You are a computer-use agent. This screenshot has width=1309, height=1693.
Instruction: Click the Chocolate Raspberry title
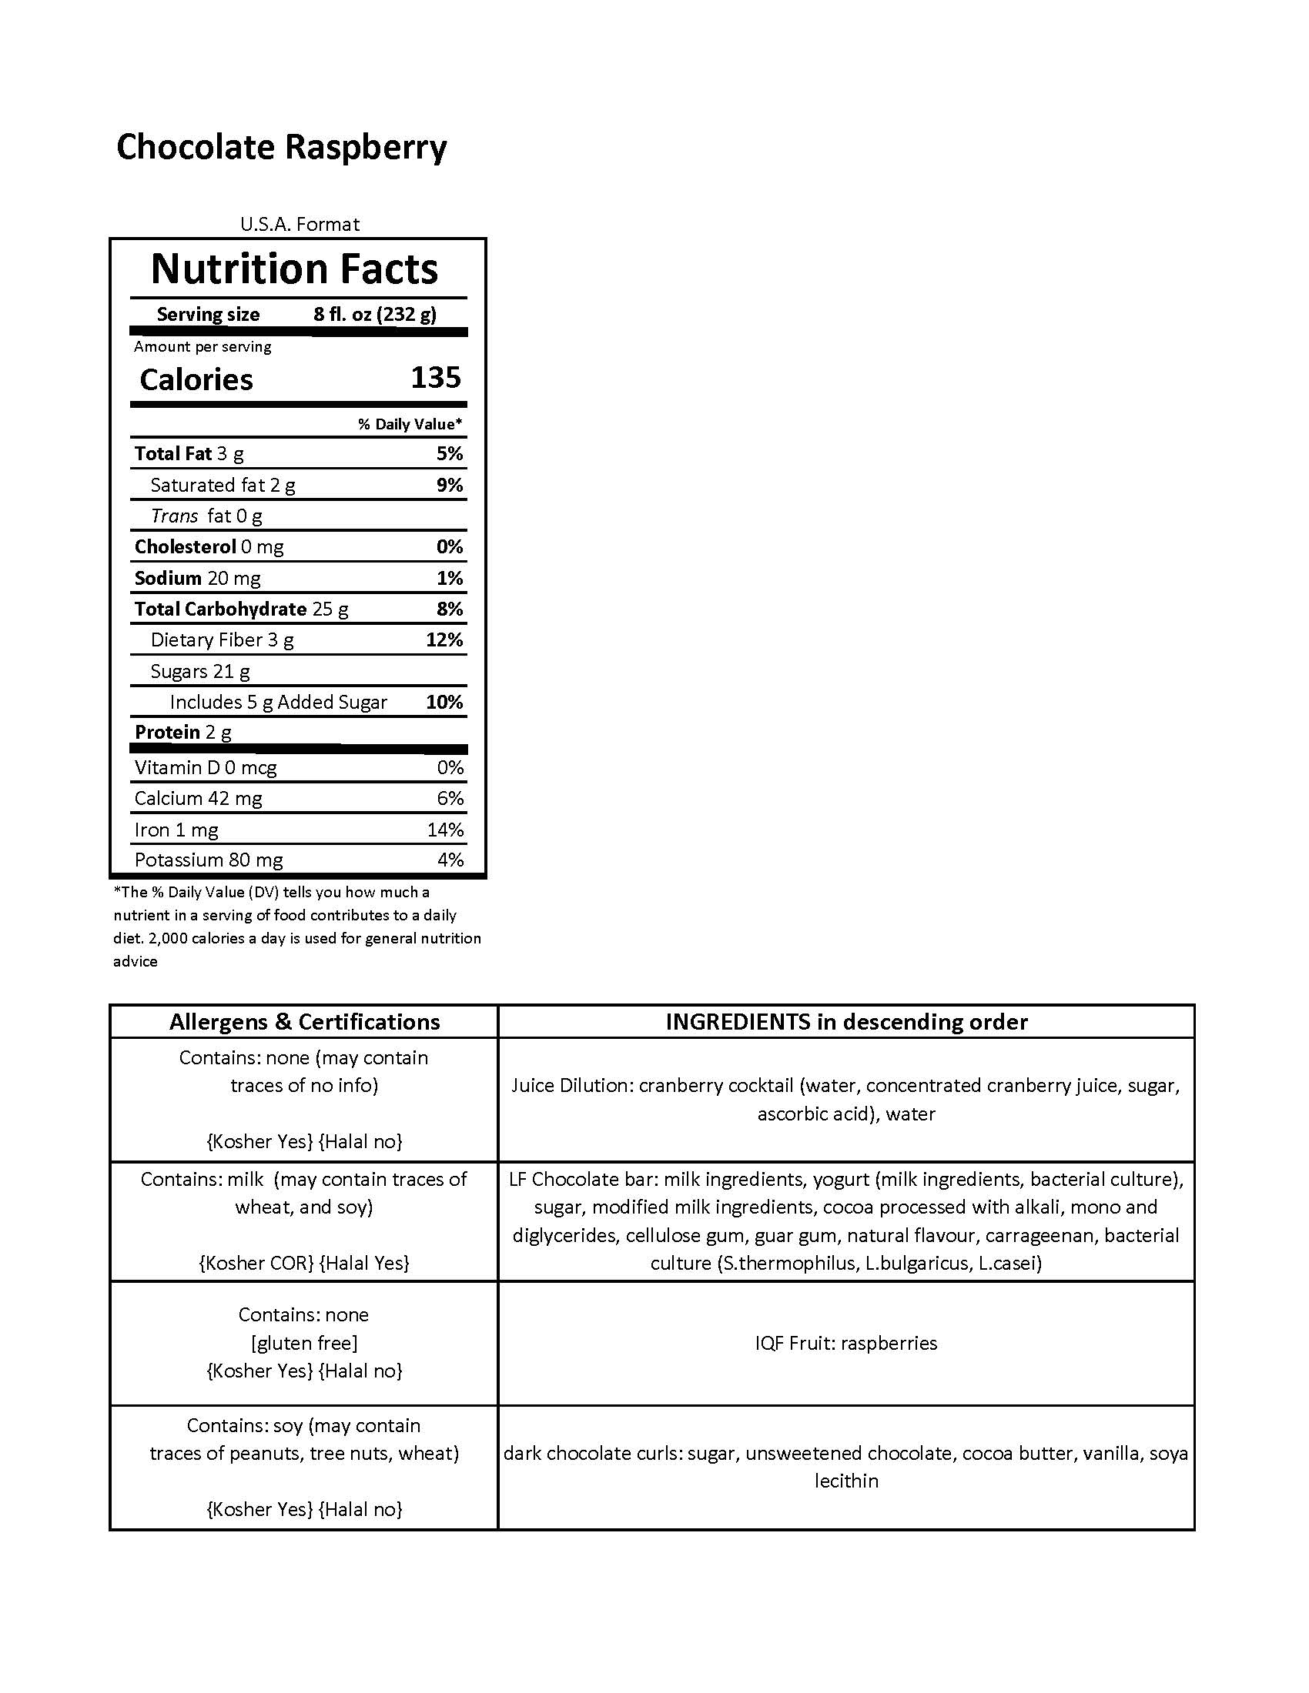click(282, 147)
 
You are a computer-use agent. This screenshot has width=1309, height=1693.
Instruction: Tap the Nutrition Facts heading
click(294, 269)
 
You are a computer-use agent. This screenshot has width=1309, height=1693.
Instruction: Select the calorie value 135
click(436, 378)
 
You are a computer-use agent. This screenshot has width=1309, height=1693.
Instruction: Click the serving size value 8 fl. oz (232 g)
click(374, 314)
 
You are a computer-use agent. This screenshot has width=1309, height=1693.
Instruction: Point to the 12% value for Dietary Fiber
click(444, 639)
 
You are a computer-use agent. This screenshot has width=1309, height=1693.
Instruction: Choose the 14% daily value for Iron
click(445, 830)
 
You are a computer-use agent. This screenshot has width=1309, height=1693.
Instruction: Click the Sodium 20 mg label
click(197, 577)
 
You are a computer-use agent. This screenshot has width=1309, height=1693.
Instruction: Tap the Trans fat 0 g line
click(206, 516)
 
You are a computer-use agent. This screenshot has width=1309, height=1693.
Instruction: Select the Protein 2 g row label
click(183, 732)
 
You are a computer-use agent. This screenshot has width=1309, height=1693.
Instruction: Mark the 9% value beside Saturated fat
click(450, 485)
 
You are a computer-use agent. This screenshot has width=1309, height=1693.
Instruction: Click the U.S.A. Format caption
click(300, 224)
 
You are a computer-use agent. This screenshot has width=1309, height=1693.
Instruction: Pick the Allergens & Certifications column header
click(304, 1022)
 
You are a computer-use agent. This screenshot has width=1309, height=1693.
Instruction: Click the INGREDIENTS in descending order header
click(846, 1022)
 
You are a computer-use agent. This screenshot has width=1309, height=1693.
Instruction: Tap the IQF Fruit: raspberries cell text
click(846, 1343)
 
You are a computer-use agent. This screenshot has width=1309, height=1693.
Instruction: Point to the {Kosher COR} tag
click(256, 1263)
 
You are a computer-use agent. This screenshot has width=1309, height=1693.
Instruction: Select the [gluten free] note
click(304, 1343)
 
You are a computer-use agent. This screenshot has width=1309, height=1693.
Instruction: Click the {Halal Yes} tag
click(364, 1263)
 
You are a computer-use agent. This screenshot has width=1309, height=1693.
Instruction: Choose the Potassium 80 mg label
click(209, 860)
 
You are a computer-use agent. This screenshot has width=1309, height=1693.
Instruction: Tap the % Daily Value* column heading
click(410, 424)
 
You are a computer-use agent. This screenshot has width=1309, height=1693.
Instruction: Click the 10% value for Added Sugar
click(444, 702)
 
